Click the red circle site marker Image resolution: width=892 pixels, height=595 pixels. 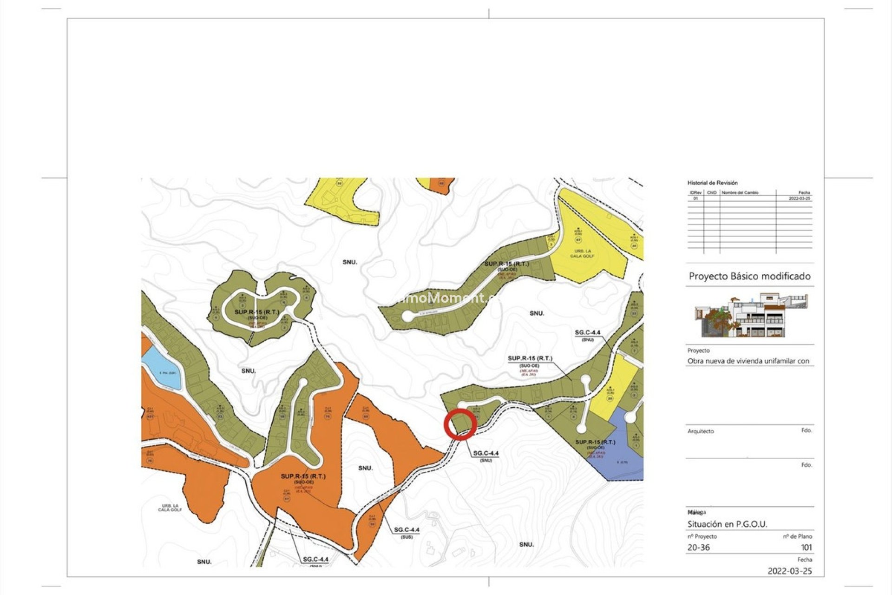460,424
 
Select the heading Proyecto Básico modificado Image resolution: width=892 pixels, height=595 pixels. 749,276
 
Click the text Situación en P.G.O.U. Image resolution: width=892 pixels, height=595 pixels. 727,524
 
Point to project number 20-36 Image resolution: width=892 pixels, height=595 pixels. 698,547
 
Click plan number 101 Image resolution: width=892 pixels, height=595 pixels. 806,547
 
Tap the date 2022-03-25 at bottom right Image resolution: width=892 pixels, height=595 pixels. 790,571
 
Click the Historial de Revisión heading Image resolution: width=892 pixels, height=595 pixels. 712,183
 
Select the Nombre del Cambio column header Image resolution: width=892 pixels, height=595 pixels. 740,192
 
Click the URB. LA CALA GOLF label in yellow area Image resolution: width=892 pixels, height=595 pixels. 582,253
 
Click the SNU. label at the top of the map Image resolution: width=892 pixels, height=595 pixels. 350,262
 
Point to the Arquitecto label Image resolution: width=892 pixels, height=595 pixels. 701,431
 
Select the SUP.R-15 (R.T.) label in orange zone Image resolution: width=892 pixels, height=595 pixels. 303,476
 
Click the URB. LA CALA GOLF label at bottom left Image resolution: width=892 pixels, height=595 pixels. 170,508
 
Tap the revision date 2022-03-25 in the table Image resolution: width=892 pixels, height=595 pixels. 800,198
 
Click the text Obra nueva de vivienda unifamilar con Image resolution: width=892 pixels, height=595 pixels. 748,361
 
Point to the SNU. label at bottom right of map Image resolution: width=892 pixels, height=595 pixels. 526,544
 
